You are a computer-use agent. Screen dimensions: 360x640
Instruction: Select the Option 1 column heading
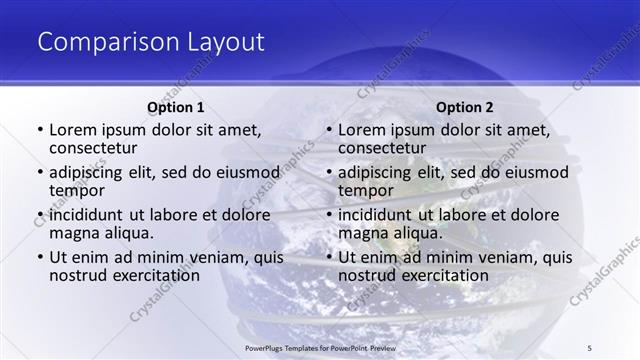point(176,107)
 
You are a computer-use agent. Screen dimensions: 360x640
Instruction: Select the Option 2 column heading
point(464,107)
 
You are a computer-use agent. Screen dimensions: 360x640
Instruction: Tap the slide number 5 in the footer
point(590,347)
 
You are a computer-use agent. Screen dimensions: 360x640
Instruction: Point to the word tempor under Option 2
point(365,190)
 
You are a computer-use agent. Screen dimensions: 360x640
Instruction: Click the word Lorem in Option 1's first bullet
point(73,130)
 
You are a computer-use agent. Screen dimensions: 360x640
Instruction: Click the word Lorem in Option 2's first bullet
point(362,130)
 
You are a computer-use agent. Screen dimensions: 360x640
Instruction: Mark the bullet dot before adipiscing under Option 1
point(39,173)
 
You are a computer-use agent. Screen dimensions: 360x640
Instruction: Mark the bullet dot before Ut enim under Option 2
point(328,258)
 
